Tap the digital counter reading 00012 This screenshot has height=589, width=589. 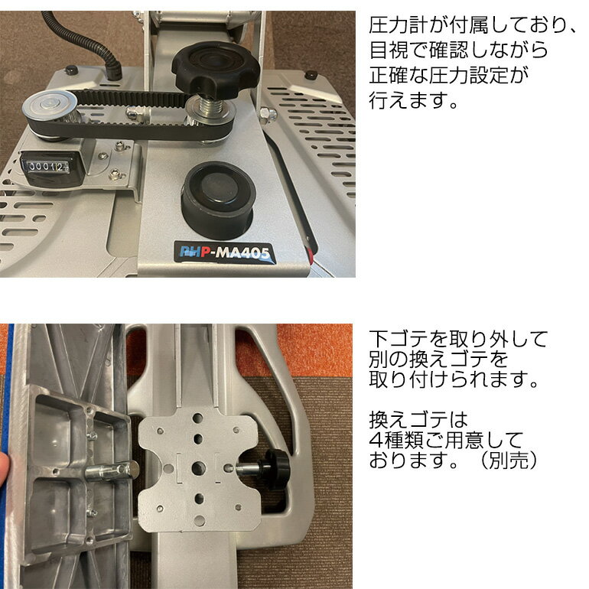click(47, 166)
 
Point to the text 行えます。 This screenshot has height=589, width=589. click(413, 100)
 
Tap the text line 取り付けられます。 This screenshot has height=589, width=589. click(455, 379)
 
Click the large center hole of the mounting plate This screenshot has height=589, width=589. click(198, 467)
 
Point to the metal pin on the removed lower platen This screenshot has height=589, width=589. click(104, 470)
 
